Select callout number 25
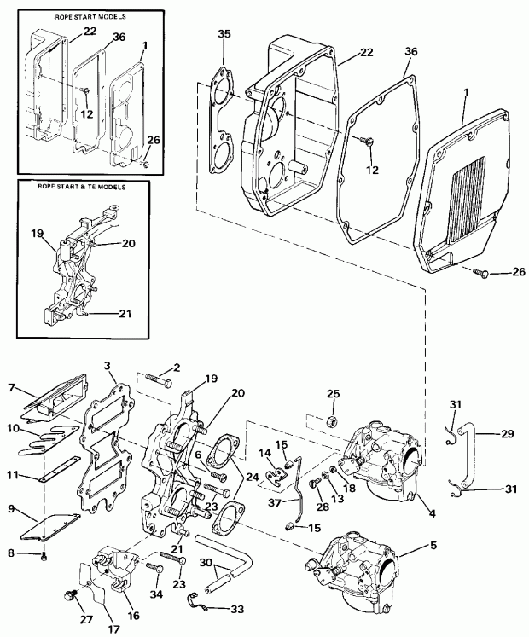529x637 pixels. pos(333,394)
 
